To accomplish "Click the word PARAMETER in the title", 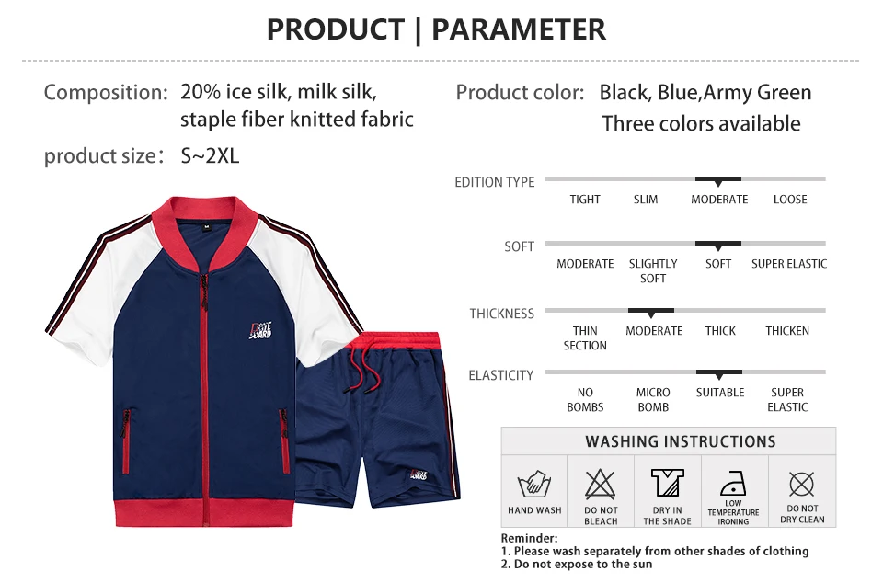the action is pyautogui.click(x=519, y=29).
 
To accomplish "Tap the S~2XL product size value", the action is pyautogui.click(x=210, y=155).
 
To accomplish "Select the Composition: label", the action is pyautogui.click(x=106, y=92).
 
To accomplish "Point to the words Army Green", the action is pyautogui.click(x=757, y=92).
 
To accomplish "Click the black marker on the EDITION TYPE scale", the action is pyautogui.click(x=718, y=181).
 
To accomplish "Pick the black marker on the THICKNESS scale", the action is pyautogui.click(x=651, y=313).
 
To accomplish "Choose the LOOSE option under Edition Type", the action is pyautogui.click(x=790, y=200).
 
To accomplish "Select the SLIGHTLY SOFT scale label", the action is pyautogui.click(x=653, y=270).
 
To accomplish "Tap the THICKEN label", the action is pyautogui.click(x=787, y=331).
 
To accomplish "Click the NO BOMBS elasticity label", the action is pyautogui.click(x=585, y=399).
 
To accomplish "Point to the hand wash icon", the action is pyautogui.click(x=533, y=484).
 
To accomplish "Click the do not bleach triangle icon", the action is pyautogui.click(x=601, y=484).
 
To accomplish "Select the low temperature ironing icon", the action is pyautogui.click(x=733, y=484).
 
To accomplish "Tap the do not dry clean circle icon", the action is pyautogui.click(x=802, y=484).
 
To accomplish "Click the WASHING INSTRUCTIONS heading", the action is pyautogui.click(x=681, y=441).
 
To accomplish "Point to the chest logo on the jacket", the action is pyautogui.click(x=260, y=330).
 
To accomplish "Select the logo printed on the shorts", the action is pyautogui.click(x=419, y=474).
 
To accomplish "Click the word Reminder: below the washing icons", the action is pyautogui.click(x=530, y=538).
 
